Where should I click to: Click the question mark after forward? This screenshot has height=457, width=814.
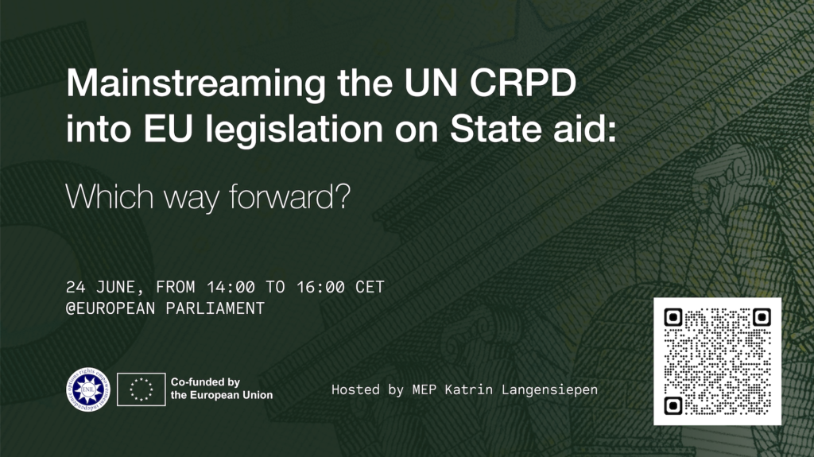(342, 196)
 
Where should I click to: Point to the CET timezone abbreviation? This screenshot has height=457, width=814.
(370, 288)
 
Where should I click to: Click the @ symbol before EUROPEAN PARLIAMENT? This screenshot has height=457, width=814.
(71, 308)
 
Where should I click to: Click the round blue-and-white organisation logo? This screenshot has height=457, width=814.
(87, 389)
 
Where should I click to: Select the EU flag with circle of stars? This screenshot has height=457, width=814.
(141, 389)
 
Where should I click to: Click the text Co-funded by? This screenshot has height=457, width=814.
(205, 382)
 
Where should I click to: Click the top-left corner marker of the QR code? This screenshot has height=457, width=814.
(673, 318)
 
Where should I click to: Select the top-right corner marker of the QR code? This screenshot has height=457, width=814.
(762, 318)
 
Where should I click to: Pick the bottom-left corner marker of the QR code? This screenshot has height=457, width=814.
(673, 406)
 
